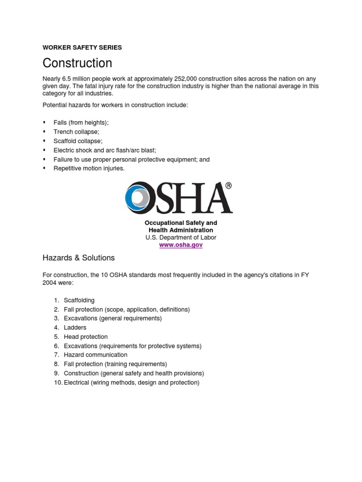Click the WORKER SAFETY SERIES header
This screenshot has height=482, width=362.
click(x=82, y=48)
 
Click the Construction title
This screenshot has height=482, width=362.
click(x=77, y=63)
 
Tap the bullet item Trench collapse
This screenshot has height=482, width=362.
click(x=76, y=132)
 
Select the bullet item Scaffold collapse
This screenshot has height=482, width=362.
click(x=78, y=141)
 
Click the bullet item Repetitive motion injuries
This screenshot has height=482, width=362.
click(x=89, y=169)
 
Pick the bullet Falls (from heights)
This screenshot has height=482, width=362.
click(x=81, y=122)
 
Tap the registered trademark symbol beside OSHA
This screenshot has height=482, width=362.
click(x=229, y=185)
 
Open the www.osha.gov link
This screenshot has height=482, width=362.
click(x=181, y=245)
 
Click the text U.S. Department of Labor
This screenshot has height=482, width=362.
click(x=181, y=238)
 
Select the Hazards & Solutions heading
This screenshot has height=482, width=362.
click(x=79, y=258)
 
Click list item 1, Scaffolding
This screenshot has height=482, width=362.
click(x=79, y=300)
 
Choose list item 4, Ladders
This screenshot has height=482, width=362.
click(x=75, y=328)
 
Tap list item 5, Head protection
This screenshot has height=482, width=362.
click(x=86, y=337)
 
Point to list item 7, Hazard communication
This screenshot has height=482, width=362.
click(x=96, y=355)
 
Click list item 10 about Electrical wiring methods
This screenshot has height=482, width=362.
click(x=132, y=383)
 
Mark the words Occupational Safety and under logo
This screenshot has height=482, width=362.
click(x=181, y=223)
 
